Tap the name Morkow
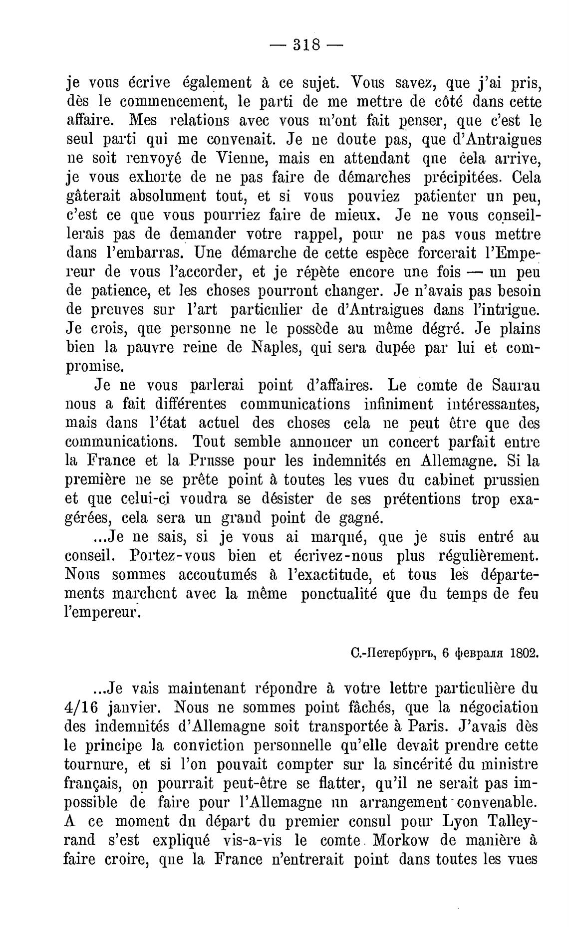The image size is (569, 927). pyautogui.click(x=399, y=841)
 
